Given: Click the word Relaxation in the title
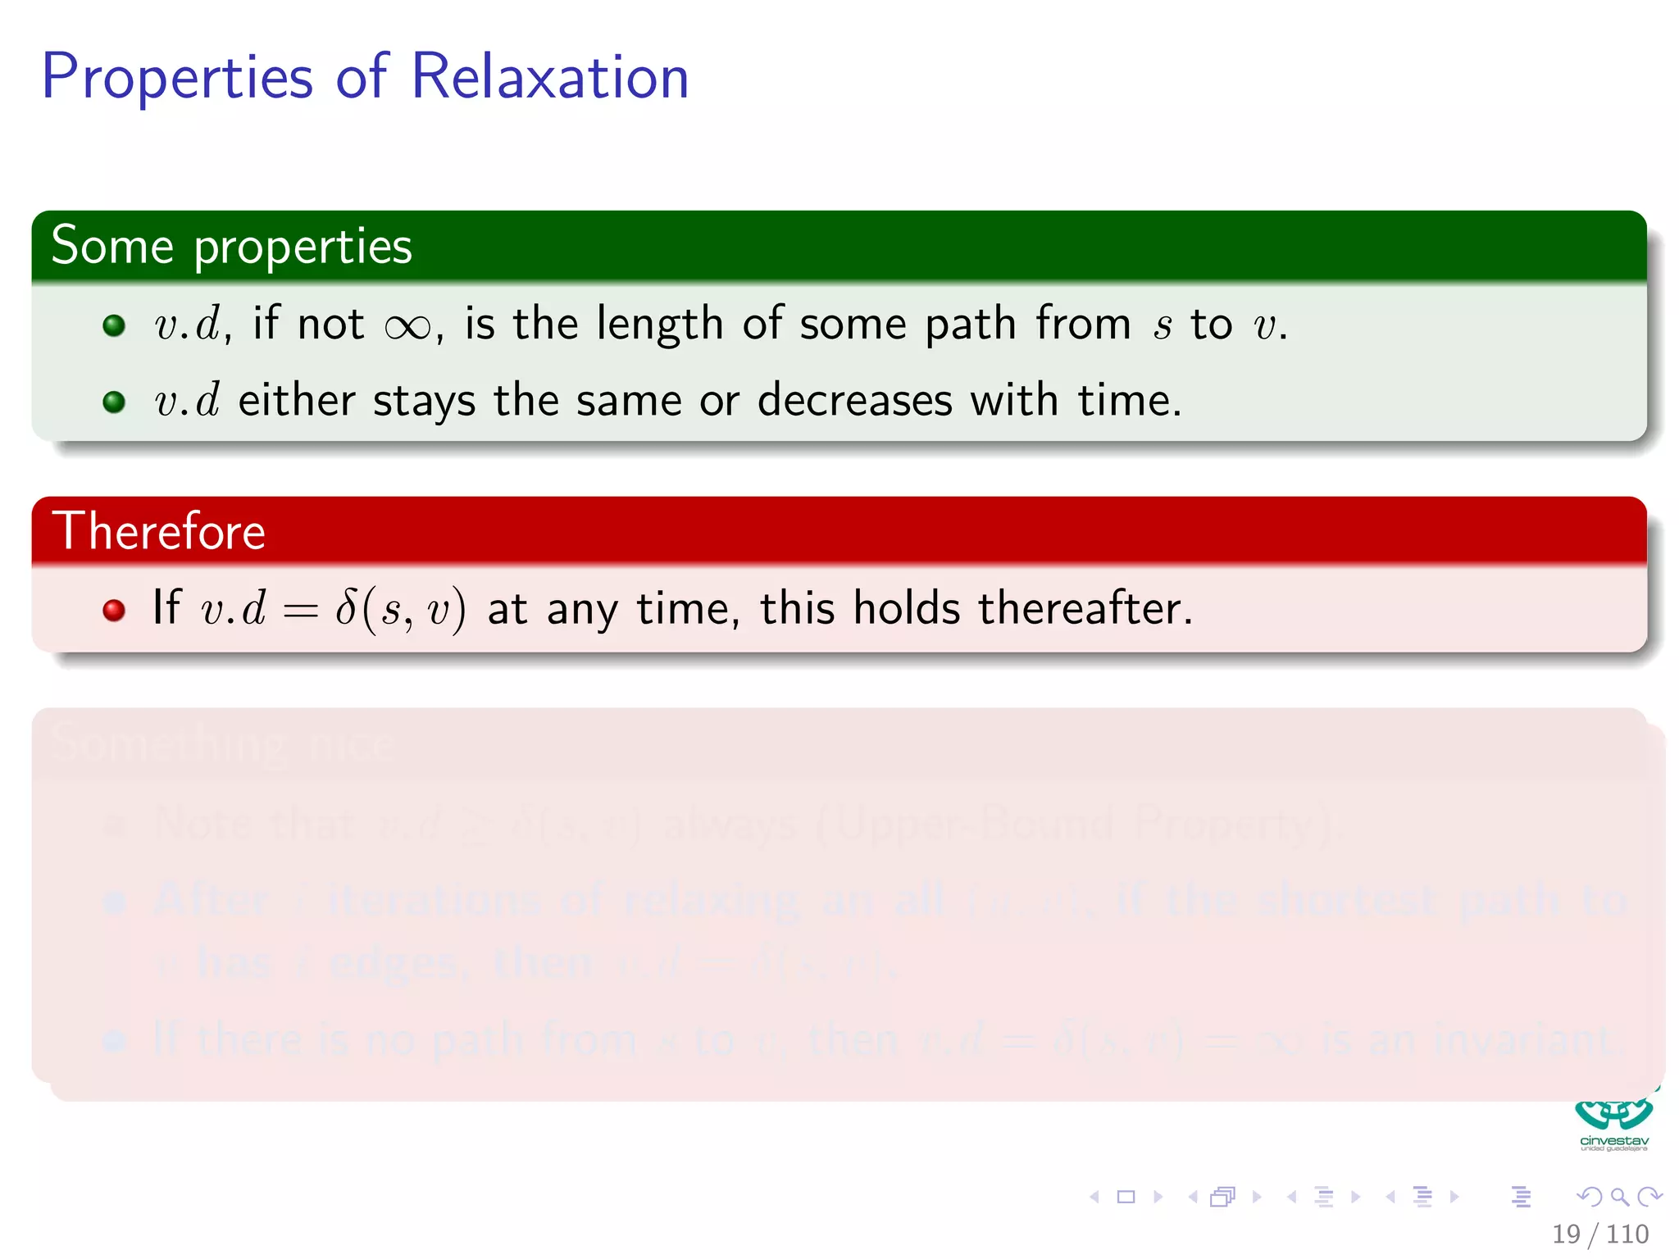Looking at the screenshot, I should coord(549,76).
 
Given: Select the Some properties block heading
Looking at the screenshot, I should coord(231,246).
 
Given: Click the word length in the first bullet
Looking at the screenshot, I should coord(659,325).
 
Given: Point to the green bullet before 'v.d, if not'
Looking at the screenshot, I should coord(114,325).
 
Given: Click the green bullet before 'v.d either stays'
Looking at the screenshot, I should coord(114,402).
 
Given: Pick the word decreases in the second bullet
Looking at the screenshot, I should coord(854,401).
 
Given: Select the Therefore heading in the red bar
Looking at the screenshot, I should coord(159,531).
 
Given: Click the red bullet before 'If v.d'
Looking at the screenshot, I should coord(114,610).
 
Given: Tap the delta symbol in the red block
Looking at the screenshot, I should coord(346,608).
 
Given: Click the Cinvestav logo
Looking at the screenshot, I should coord(1613,1123).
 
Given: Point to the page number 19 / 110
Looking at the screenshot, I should coord(1599,1234).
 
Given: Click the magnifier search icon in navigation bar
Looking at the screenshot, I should coord(1619,1197).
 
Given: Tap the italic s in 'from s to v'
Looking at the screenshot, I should coord(1162,326).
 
